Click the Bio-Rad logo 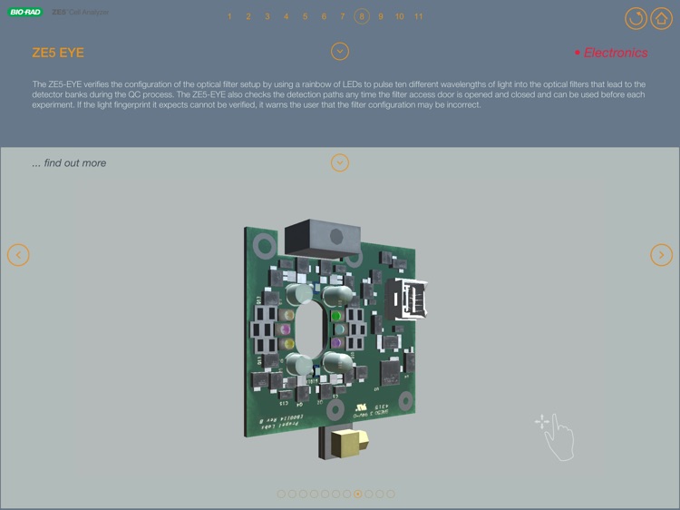(25, 13)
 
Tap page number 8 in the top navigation (362, 16)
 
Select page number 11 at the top (418, 16)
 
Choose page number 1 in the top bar (229, 16)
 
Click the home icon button (661, 18)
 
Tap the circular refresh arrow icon (636, 18)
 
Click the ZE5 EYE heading (58, 53)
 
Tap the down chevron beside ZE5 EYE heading (340, 52)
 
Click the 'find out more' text (69, 163)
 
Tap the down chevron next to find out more (340, 163)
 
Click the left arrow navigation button (18, 255)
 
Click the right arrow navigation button (662, 255)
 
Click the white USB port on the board (407, 299)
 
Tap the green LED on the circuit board (335, 317)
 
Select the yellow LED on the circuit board (287, 344)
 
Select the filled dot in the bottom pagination (358, 495)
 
